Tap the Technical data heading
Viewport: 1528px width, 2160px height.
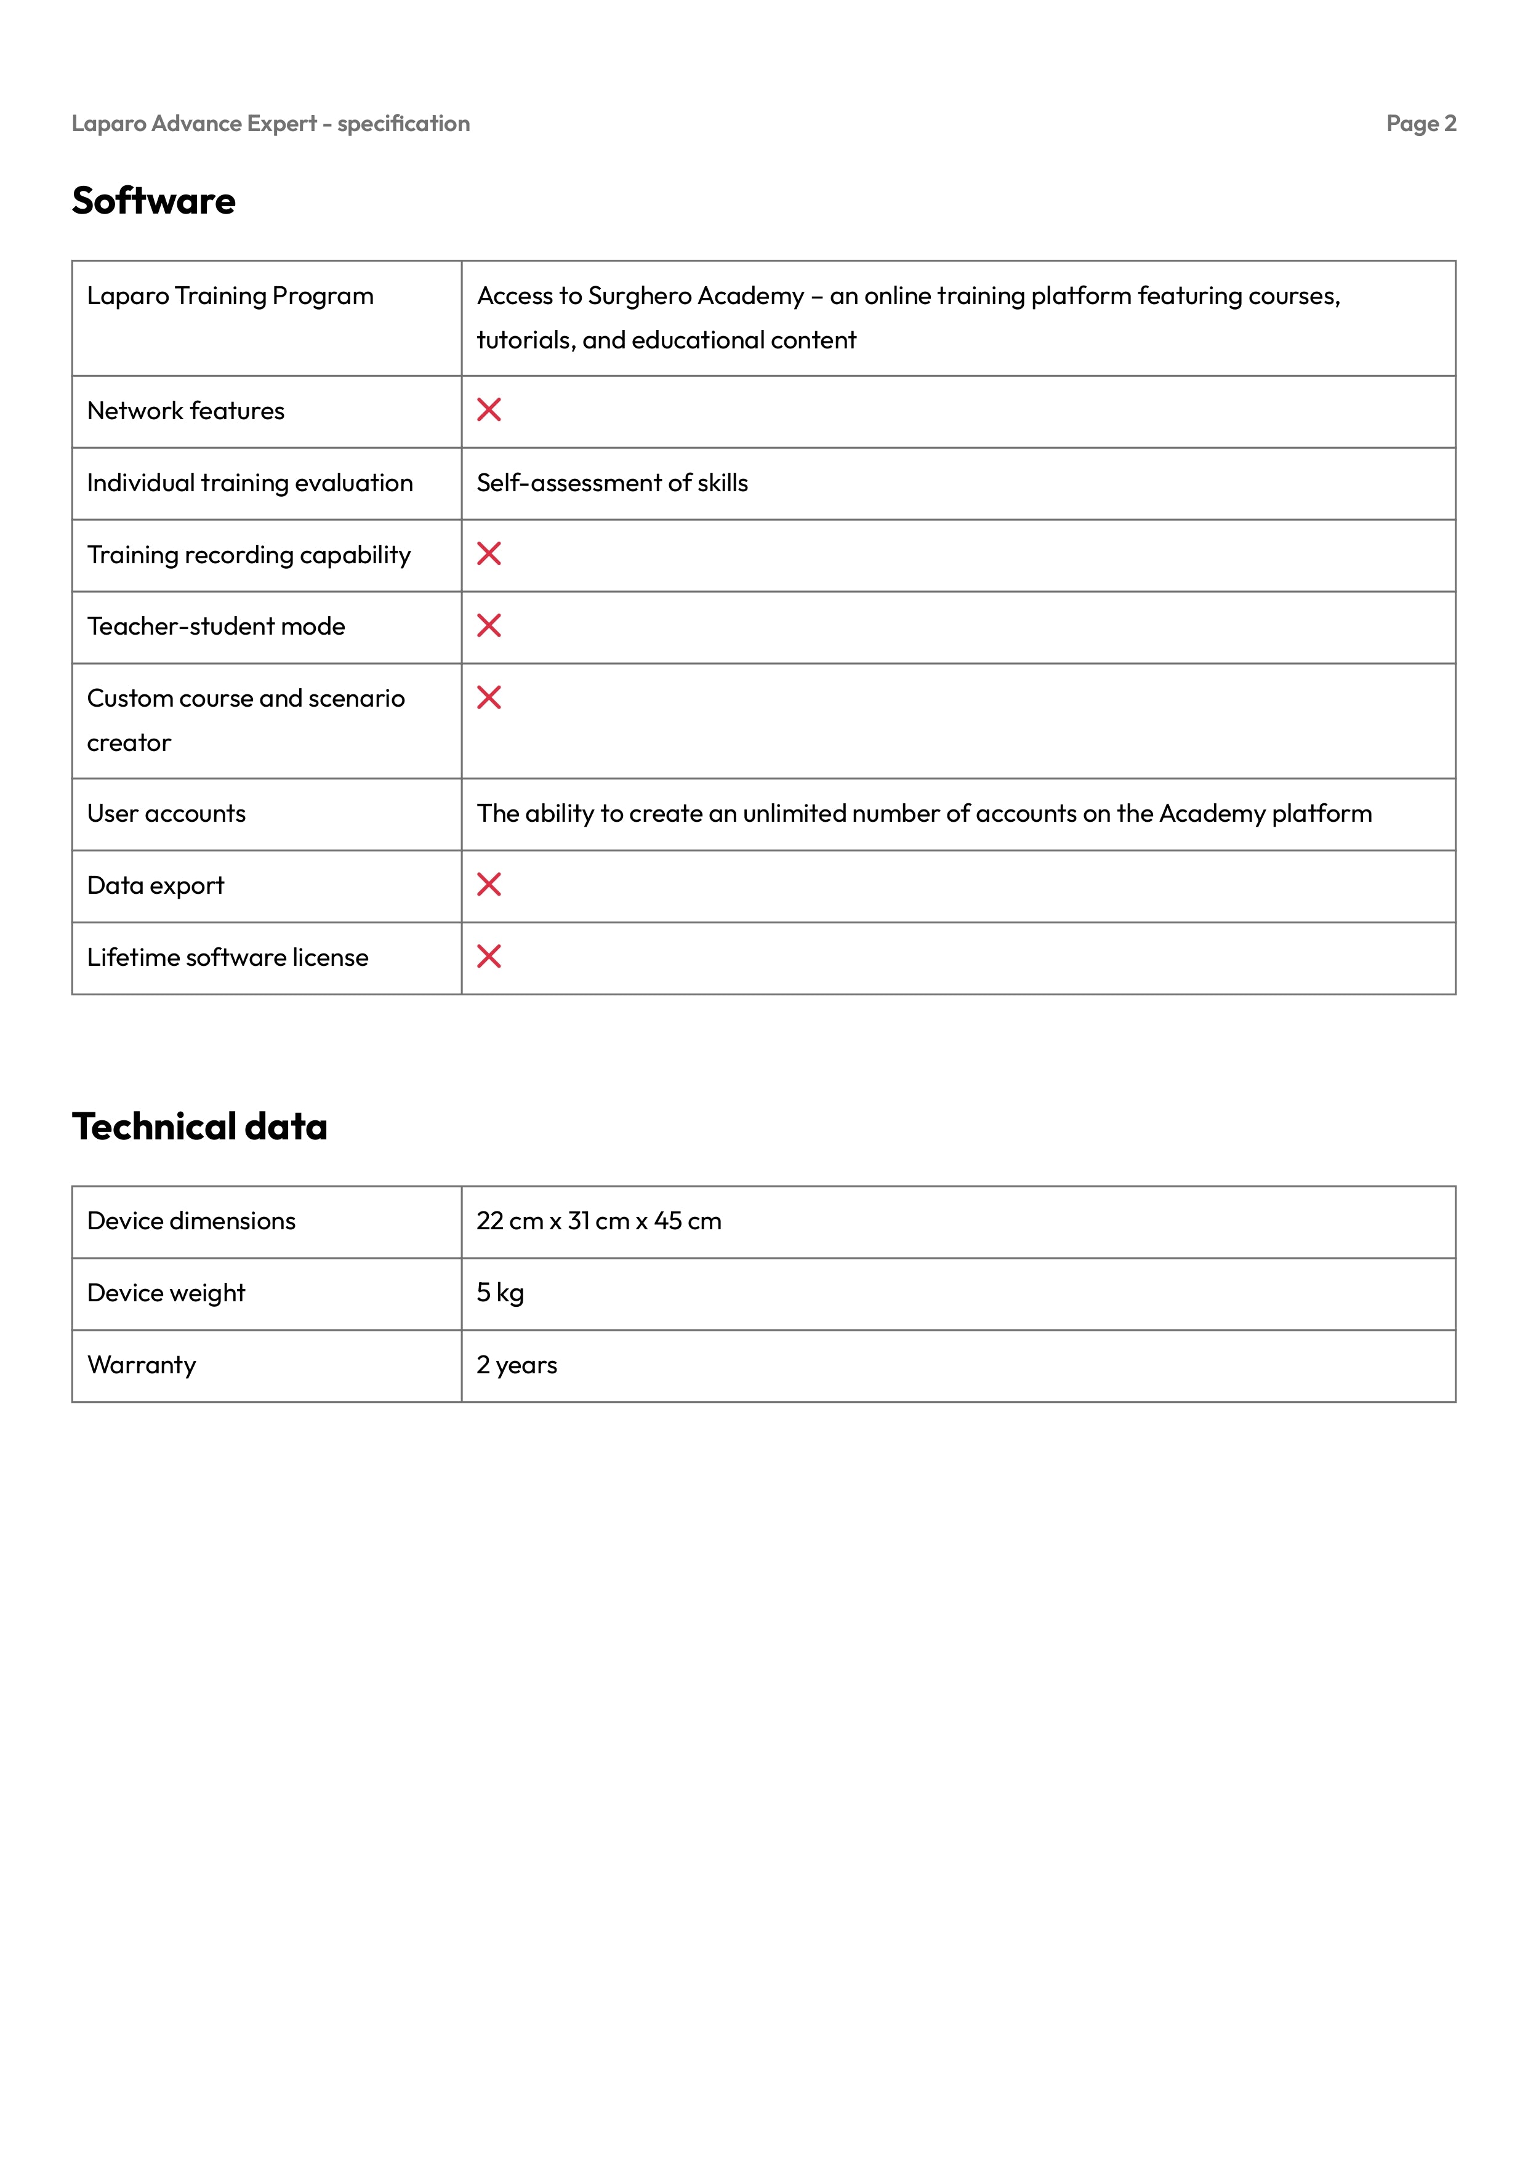point(199,1127)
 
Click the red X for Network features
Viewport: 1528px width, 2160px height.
point(489,410)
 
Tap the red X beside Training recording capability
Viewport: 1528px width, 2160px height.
point(489,554)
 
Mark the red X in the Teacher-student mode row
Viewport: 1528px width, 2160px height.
point(489,625)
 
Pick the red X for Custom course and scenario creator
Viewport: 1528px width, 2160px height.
point(489,698)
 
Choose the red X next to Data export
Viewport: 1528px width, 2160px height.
point(489,885)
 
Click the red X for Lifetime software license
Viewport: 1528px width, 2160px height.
point(489,957)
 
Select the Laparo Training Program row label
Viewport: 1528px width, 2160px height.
point(230,296)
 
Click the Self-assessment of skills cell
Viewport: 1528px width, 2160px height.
point(613,484)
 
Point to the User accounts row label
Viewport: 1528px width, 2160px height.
point(167,814)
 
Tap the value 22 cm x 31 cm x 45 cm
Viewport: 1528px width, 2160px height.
point(598,1221)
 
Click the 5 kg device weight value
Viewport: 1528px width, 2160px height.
point(500,1293)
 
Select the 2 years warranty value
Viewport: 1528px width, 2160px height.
point(517,1365)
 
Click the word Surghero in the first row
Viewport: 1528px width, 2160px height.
point(639,296)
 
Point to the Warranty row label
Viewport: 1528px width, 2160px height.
point(142,1365)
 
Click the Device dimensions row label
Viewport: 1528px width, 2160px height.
point(191,1221)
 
